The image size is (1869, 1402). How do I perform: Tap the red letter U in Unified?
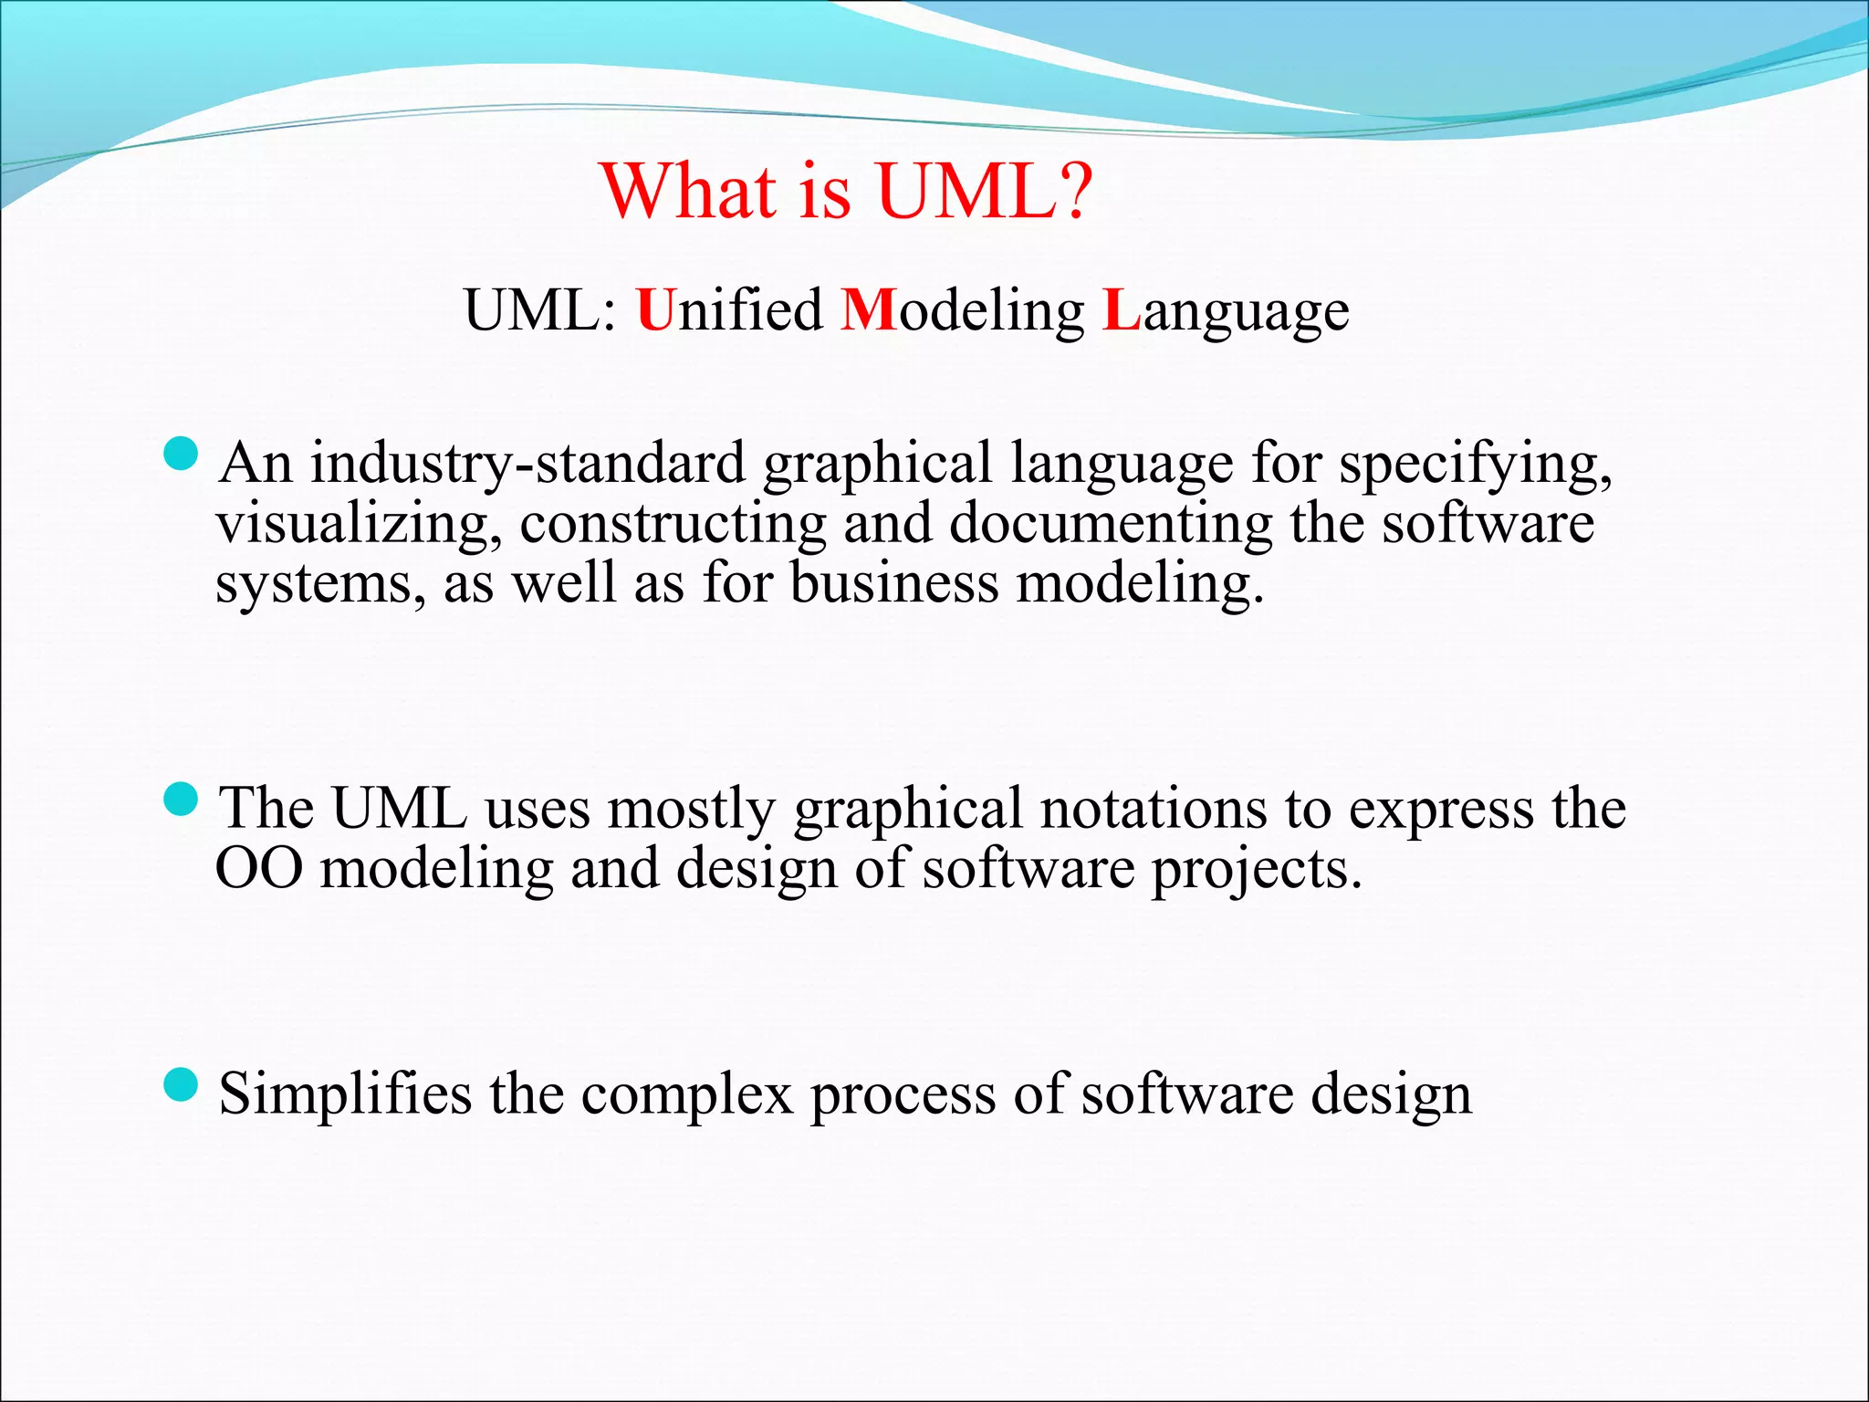click(655, 310)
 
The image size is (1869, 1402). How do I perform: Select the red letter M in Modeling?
click(868, 310)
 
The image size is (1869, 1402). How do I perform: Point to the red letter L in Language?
click(1122, 310)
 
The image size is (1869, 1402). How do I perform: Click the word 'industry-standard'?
click(527, 463)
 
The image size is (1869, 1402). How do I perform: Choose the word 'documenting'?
click(1110, 524)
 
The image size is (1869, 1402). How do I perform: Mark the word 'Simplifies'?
click(345, 1093)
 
